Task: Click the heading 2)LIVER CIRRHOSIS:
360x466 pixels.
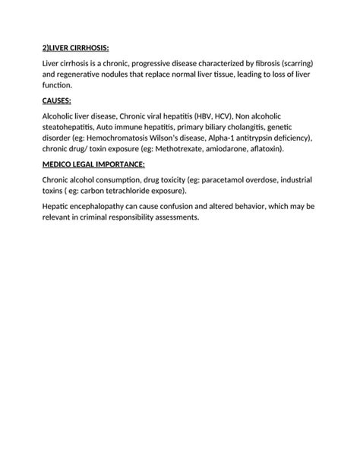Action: (76, 48)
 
